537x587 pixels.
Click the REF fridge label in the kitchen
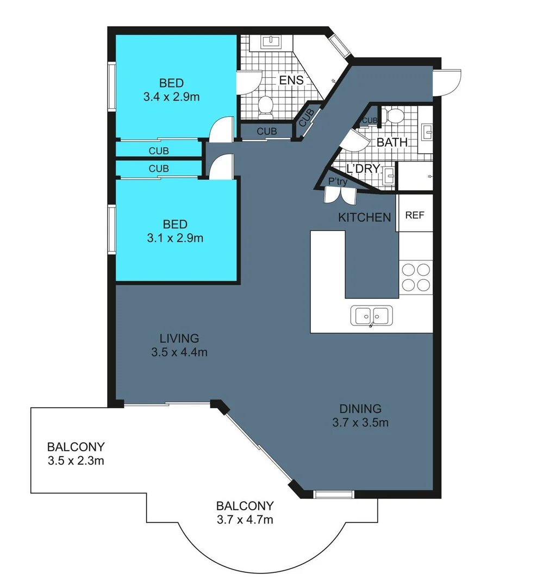(415, 215)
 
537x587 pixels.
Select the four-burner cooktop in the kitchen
(416, 277)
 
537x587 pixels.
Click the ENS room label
(291, 80)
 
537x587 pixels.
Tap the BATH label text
(392, 142)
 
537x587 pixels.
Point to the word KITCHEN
(364, 217)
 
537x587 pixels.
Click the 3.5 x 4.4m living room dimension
(179, 352)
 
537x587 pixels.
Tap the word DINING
(360, 409)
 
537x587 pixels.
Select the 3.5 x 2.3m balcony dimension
(76, 461)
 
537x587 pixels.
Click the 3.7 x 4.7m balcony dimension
(244, 519)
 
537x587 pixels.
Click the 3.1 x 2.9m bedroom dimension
(175, 238)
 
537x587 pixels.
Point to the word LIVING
(179, 338)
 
